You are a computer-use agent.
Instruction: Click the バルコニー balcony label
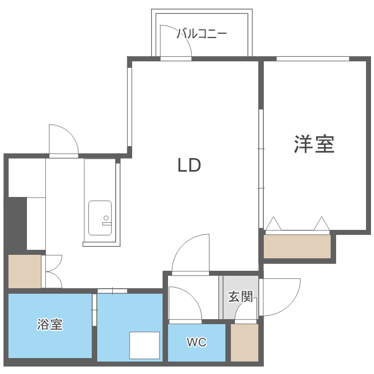202,34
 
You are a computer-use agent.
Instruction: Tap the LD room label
189,165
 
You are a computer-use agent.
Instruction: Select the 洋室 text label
313,144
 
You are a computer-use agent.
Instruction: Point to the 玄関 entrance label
241,297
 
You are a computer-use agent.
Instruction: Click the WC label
196,343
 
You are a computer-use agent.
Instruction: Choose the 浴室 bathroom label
49,324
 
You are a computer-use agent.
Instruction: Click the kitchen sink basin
100,218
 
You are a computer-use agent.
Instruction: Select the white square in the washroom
144,345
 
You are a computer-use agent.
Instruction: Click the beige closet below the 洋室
297,246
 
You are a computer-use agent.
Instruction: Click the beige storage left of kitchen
24,271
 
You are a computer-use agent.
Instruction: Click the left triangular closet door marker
274,223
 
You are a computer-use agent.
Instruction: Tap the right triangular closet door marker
322,223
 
